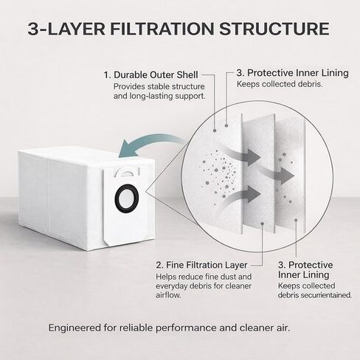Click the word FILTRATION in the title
tap(162, 29)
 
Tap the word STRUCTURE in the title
tap(274, 29)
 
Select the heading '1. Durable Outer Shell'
tap(150, 75)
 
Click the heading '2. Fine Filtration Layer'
tap(201, 265)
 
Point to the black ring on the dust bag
tap(116, 198)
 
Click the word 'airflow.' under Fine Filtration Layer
tap(168, 295)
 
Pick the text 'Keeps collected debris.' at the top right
tap(280, 84)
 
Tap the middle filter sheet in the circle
tap(259, 173)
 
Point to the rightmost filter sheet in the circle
tap(291, 176)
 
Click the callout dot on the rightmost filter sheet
tap(296, 220)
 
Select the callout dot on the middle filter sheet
tap(263, 224)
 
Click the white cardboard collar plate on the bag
tap(125, 205)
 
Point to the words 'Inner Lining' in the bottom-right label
tap(304, 275)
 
